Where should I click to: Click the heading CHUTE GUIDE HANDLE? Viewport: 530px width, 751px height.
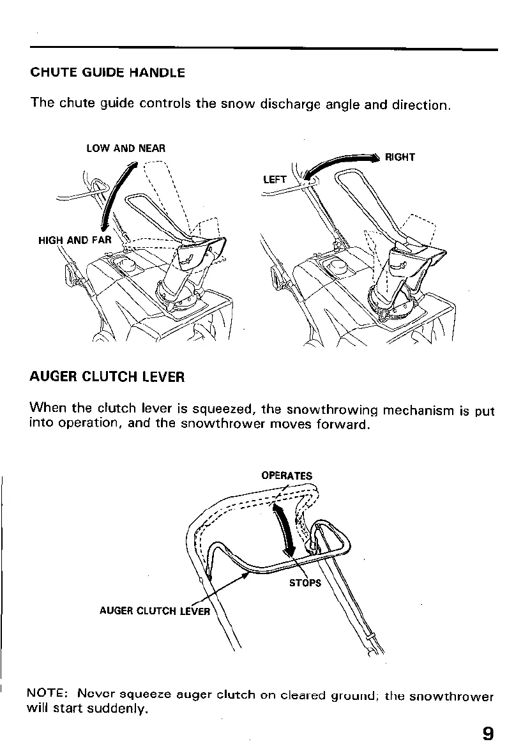pos(107,73)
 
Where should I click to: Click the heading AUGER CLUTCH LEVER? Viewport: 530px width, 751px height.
pos(107,377)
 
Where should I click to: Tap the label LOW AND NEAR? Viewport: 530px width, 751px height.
pos(126,148)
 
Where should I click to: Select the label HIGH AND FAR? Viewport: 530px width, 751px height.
pos(74,241)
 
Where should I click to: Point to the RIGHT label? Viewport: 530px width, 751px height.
pos(400,157)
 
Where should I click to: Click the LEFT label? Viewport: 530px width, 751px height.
pos(275,179)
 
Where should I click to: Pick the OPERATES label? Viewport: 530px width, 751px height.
pos(287,475)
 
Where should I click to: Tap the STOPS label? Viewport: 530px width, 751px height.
pos(305,583)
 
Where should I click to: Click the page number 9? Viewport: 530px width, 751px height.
pos(488,733)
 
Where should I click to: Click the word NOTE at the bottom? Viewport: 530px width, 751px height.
pos(47,694)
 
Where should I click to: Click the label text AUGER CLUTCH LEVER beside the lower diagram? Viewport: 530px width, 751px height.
pos(155,611)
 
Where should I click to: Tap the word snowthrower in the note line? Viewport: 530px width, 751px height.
pos(451,696)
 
